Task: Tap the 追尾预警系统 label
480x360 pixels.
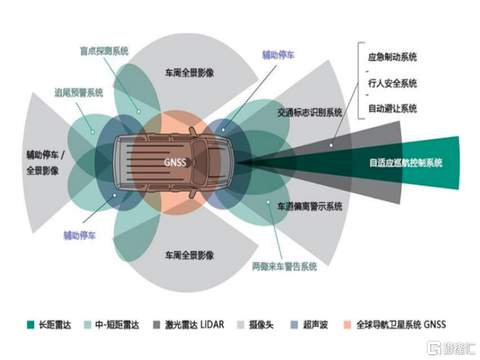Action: click(78, 92)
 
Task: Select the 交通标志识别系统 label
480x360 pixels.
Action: click(309, 112)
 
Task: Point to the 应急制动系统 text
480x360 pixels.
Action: click(392, 56)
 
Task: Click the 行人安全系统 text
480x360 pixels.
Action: click(392, 83)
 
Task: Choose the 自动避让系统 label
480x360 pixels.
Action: click(392, 109)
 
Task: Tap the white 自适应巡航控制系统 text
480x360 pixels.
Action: click(405, 162)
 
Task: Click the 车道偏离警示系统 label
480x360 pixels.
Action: click(309, 207)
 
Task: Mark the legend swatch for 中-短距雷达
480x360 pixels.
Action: click(89, 325)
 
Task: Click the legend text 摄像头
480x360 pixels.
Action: click(266, 325)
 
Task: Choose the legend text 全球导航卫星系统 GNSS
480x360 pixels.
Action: click(402, 325)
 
